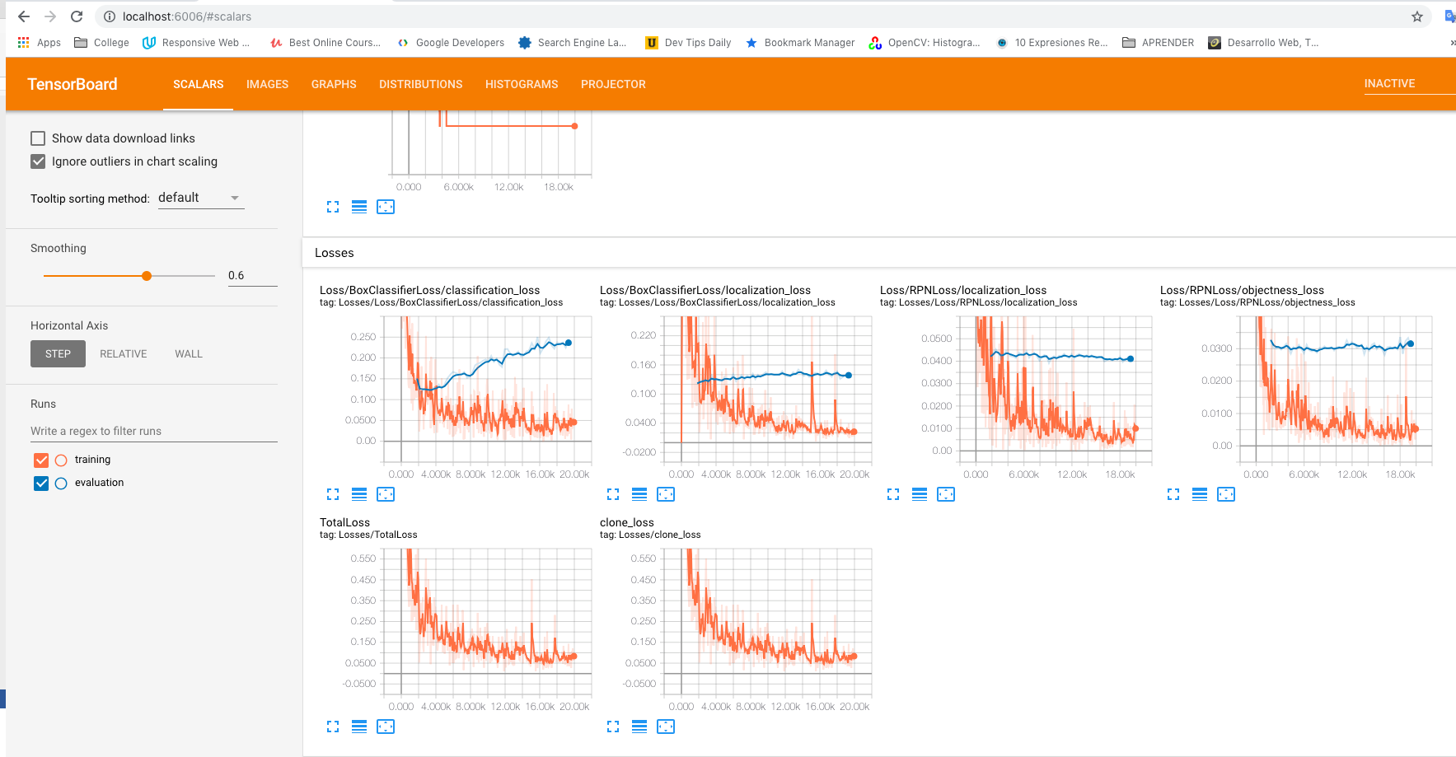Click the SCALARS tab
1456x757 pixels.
198,84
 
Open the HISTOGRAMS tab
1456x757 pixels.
522,84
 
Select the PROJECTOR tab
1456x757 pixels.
613,84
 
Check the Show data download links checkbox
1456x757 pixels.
38,138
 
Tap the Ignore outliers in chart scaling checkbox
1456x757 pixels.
38,161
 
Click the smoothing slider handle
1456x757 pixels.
147,276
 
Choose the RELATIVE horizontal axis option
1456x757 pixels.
124,354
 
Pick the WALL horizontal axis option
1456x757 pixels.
189,354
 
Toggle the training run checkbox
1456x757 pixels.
41,460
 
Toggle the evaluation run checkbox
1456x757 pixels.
41,483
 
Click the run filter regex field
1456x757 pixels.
153,431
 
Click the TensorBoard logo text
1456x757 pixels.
73,84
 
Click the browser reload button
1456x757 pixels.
77,16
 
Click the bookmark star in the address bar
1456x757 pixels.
1417,16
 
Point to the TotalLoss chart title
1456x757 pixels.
344,522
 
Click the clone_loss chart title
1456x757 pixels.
626,522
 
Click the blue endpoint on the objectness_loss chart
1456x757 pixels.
1411,343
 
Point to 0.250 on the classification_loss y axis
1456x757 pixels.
363,337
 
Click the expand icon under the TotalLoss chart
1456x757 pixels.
333,727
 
